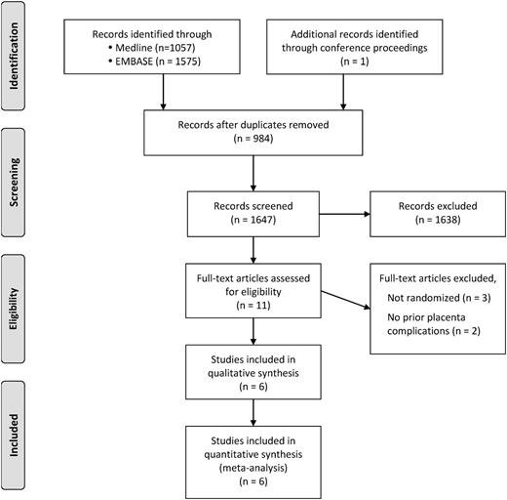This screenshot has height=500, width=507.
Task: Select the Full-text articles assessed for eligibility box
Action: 254,290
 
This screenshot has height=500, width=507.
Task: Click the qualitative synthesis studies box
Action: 254,368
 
